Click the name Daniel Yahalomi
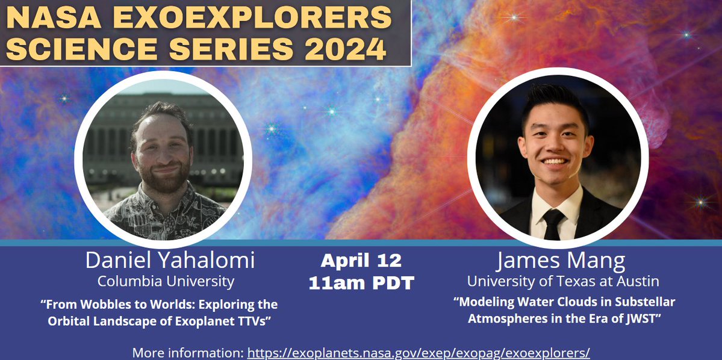point(170,261)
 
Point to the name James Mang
point(561,261)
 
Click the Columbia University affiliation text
point(166,281)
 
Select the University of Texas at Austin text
point(563,281)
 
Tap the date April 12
point(361,261)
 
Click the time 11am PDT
point(361,282)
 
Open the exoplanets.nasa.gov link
point(419,353)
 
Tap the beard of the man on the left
point(161,181)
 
